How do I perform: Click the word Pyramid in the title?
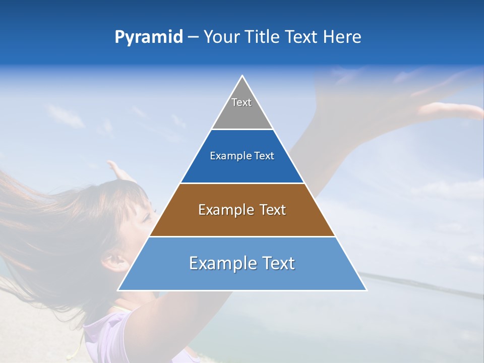149,37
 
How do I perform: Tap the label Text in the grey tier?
241,102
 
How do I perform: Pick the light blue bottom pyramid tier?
242,277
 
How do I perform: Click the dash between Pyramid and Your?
193,37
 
